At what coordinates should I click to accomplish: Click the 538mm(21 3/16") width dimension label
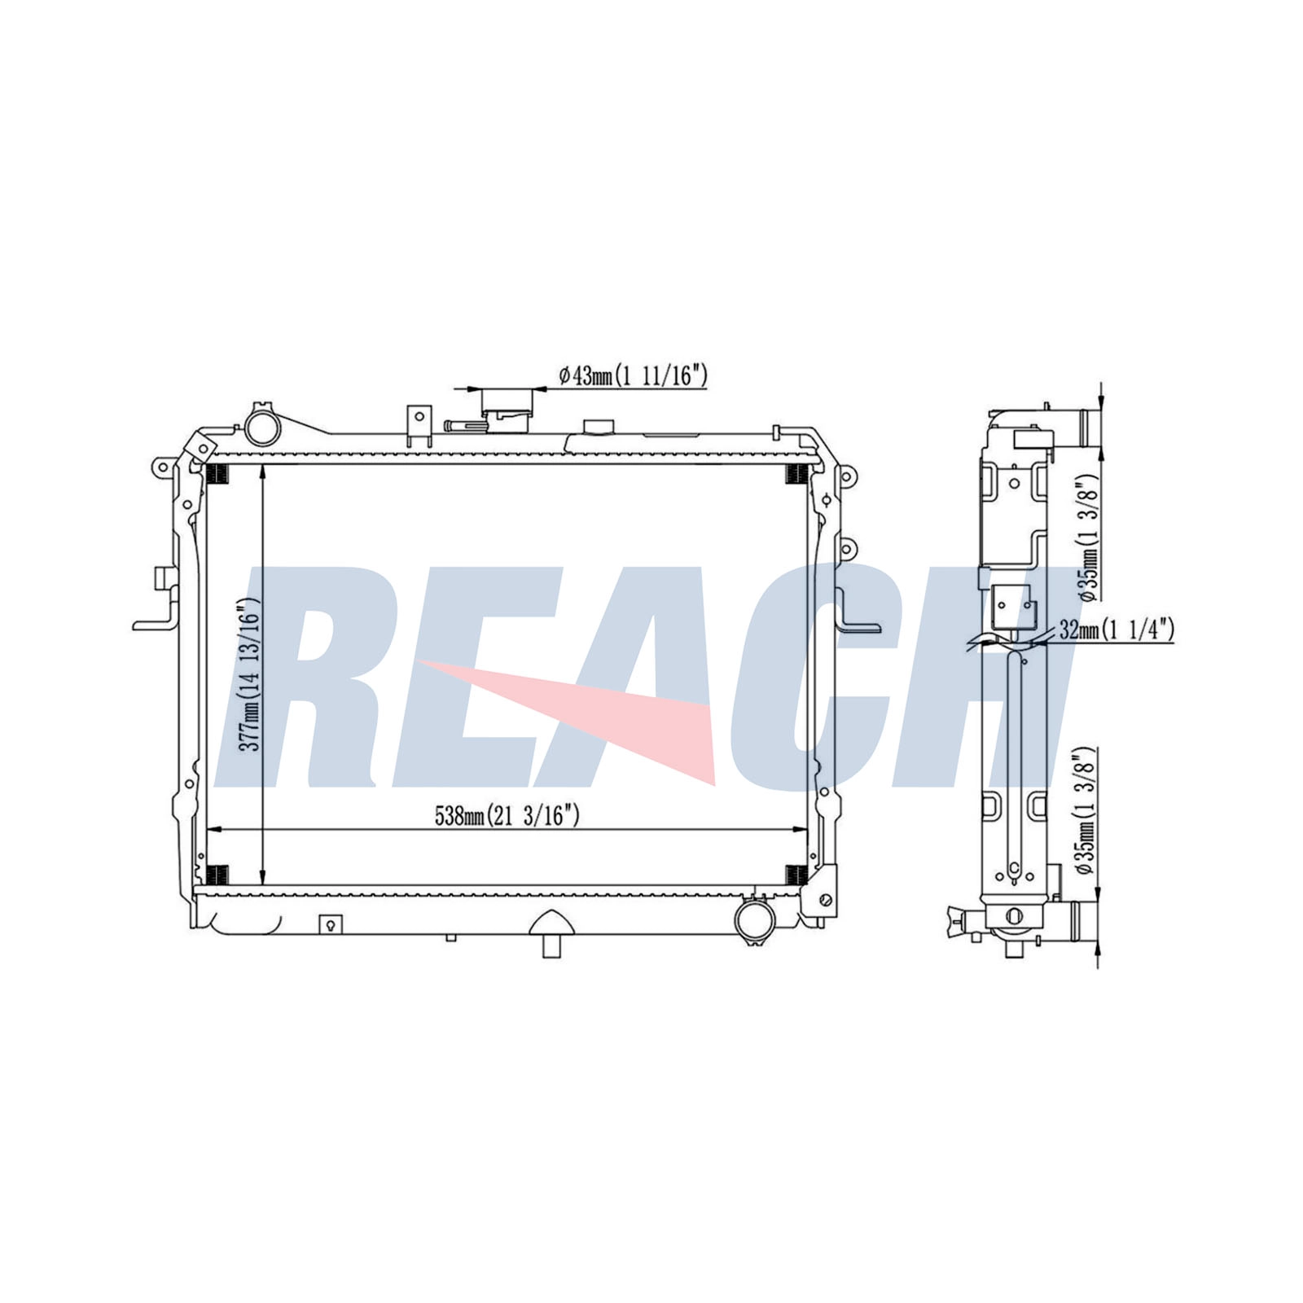coord(507,816)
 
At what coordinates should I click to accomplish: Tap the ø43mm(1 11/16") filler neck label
coord(633,375)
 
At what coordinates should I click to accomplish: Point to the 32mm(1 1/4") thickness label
coord(1116,629)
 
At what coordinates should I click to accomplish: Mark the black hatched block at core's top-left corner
coord(217,473)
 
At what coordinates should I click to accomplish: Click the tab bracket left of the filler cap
coord(419,427)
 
